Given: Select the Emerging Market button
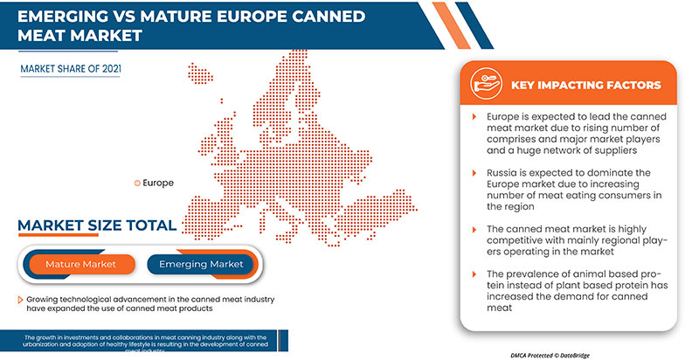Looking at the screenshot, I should [201, 263].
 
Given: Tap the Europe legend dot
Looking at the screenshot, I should [135, 183].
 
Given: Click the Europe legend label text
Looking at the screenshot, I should [157, 183].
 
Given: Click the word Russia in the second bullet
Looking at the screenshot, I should [502, 174].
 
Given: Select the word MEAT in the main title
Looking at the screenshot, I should [37, 37].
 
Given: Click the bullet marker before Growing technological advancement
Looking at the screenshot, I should [19, 300].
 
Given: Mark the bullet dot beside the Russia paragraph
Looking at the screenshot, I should [473, 174].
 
